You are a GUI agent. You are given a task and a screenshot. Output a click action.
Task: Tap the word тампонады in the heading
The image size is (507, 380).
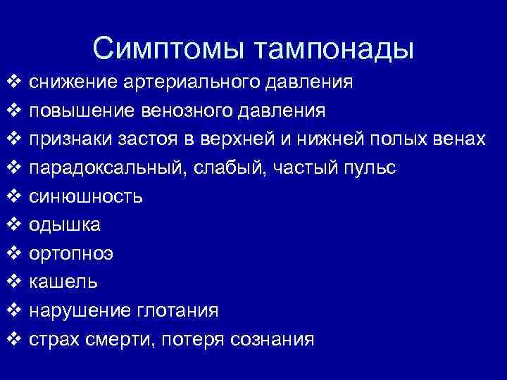coord(334,49)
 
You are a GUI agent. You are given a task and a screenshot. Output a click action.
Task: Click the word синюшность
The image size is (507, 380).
coord(85,196)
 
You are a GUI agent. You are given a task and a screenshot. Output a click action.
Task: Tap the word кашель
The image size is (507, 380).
coord(63,282)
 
